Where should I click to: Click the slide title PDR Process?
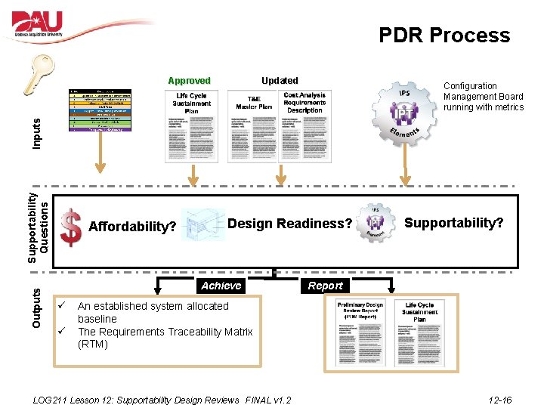pos(444,35)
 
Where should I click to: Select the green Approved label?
pos(189,81)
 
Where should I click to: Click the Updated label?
pos(280,80)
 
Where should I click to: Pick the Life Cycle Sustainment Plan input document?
pos(192,125)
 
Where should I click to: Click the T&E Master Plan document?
pos(254,125)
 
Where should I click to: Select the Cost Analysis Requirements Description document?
pos(304,125)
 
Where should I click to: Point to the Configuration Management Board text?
pos(484,97)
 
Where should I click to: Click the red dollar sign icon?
pos(70,227)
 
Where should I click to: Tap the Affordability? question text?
pos(132,227)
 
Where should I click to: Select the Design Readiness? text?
pos(289,224)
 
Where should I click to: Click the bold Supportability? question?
pos(453,223)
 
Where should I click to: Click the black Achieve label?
pos(221,286)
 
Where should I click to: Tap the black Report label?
pos(325,286)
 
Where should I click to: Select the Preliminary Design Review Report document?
pos(360,330)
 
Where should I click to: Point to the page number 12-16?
pos(499,400)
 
